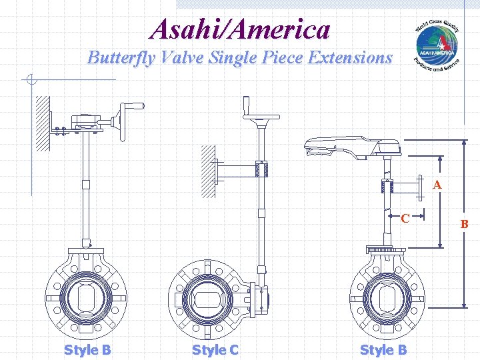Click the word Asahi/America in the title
pyautogui.click(x=240, y=29)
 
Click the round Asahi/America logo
pyautogui.click(x=437, y=45)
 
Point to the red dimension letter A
pyautogui.click(x=437, y=185)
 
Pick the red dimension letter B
pyautogui.click(x=465, y=225)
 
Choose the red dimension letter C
pyautogui.click(x=405, y=217)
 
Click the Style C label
pyautogui.click(x=215, y=349)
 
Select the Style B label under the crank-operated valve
pyautogui.click(x=87, y=349)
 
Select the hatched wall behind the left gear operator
pyautogui.click(x=43, y=123)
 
